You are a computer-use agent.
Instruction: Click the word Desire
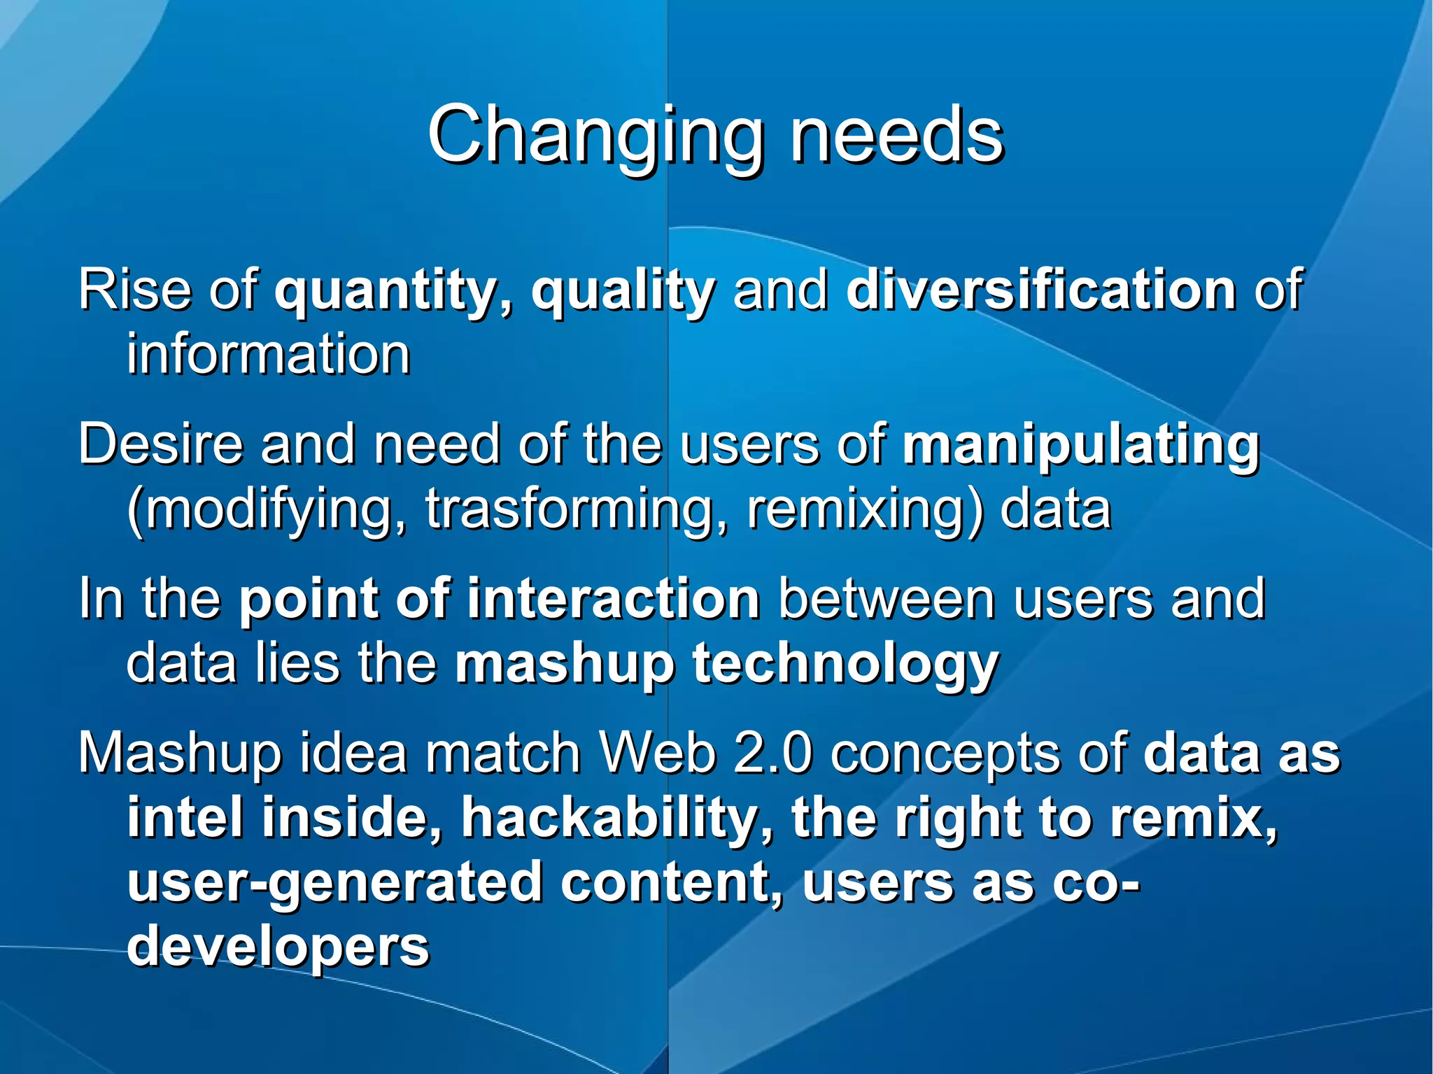tap(160, 444)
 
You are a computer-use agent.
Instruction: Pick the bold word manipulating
tap(1081, 445)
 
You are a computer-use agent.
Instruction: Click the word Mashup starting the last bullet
tap(180, 754)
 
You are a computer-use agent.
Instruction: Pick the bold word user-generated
tap(334, 883)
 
